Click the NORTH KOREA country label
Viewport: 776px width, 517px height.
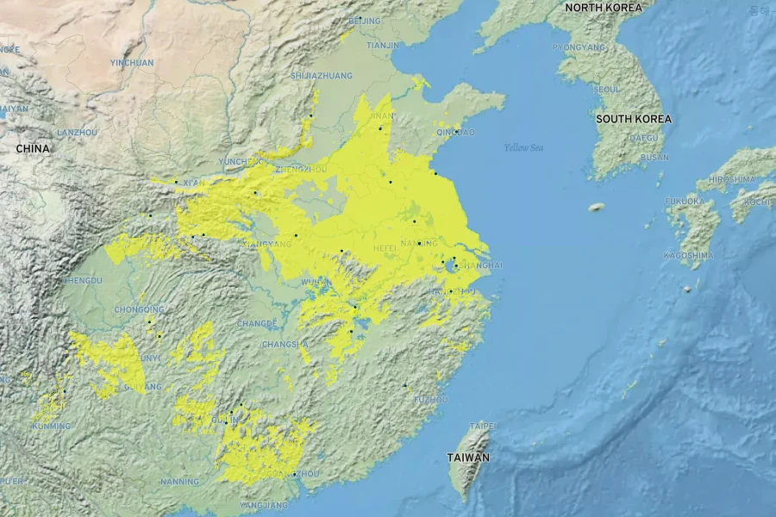(x=604, y=8)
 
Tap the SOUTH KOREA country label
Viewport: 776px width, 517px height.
(x=634, y=119)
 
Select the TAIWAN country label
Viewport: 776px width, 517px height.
(x=468, y=458)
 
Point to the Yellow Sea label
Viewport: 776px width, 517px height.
(x=523, y=147)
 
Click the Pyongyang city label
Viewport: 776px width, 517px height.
(x=579, y=47)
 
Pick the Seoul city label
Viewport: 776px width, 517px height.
(x=607, y=89)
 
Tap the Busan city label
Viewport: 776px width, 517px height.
(x=654, y=158)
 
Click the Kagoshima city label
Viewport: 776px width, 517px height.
(x=688, y=256)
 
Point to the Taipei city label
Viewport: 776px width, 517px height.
(x=482, y=427)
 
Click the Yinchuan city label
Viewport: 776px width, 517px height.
(x=132, y=63)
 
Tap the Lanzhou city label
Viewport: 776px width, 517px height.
(x=77, y=133)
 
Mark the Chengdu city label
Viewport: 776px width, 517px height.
(x=82, y=280)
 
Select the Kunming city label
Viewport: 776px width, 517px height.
(x=52, y=427)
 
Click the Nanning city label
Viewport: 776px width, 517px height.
(x=179, y=482)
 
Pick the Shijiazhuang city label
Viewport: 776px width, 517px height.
(x=322, y=76)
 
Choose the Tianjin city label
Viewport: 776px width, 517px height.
(x=383, y=45)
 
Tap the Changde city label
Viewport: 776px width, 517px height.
(x=257, y=324)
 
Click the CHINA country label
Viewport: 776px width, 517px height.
(x=33, y=149)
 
